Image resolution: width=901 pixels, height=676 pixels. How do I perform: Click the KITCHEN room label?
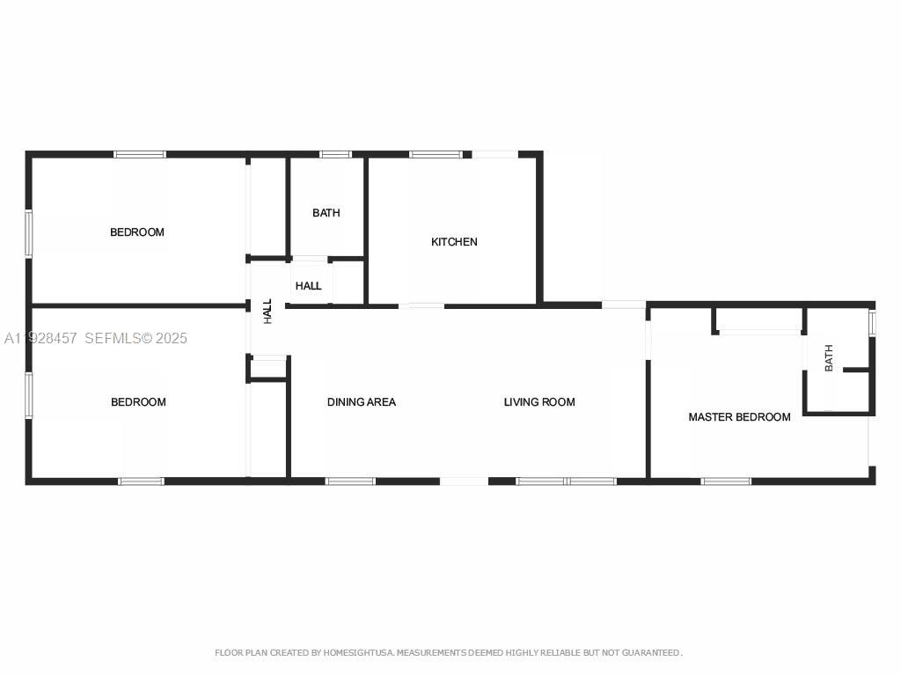pyautogui.click(x=454, y=242)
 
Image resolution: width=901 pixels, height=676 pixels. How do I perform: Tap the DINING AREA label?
pyautogui.click(x=362, y=402)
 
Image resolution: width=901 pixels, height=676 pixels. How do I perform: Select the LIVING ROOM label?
pyautogui.click(x=539, y=402)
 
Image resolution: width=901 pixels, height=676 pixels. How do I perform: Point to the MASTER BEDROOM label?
pyautogui.click(x=739, y=417)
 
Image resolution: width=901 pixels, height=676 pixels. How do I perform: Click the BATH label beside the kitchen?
pyautogui.click(x=326, y=213)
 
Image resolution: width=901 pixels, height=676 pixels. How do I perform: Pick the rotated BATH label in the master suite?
pyautogui.click(x=829, y=357)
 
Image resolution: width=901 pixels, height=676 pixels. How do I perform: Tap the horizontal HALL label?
pyautogui.click(x=309, y=286)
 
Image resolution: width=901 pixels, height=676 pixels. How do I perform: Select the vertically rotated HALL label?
pyautogui.click(x=268, y=311)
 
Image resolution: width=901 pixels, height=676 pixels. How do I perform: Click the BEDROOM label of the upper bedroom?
pyautogui.click(x=137, y=232)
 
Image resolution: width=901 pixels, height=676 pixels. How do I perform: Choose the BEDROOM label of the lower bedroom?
pyautogui.click(x=138, y=402)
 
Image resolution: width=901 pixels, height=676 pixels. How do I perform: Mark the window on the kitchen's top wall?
pyautogui.click(x=436, y=155)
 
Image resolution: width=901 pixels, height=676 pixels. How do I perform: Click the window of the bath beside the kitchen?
pyautogui.click(x=335, y=155)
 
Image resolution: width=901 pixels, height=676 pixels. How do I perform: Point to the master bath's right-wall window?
pyautogui.click(x=872, y=322)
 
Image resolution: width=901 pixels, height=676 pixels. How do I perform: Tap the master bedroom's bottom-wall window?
pyautogui.click(x=726, y=481)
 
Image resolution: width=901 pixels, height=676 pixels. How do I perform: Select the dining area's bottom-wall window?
pyautogui.click(x=350, y=481)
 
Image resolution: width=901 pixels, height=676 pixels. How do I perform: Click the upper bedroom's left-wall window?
pyautogui.click(x=28, y=233)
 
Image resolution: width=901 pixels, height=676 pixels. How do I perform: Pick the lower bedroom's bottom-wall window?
pyautogui.click(x=141, y=481)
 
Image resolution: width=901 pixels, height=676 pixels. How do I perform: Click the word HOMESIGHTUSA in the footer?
pyautogui.click(x=357, y=653)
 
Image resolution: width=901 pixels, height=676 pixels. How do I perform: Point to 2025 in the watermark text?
pyautogui.click(x=172, y=338)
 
